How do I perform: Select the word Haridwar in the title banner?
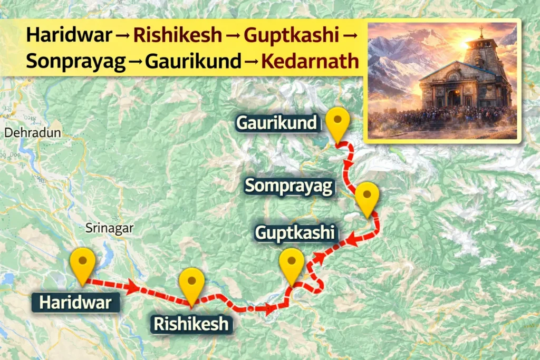[x=69, y=35]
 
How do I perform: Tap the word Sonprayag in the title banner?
[x=76, y=61]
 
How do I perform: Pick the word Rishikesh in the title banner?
[x=178, y=35]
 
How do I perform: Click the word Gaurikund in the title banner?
[x=193, y=61]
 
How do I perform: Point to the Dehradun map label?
[x=33, y=132]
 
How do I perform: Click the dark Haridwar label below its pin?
[x=75, y=303]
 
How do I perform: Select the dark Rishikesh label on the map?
[x=191, y=323]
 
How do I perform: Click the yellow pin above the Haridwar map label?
[x=83, y=262]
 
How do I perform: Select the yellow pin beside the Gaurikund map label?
[x=337, y=122]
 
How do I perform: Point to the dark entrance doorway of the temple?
[x=452, y=98]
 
